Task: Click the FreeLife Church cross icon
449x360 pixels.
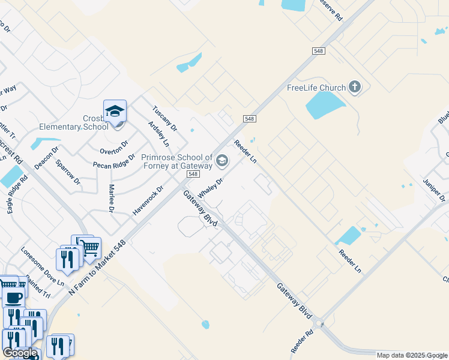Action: [x=354, y=88]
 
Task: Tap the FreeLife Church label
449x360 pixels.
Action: [x=316, y=88]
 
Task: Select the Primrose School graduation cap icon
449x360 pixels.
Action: [x=222, y=160]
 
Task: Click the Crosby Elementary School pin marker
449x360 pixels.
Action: [x=115, y=112]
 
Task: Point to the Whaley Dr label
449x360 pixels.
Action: [x=211, y=186]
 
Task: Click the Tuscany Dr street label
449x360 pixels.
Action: [x=164, y=119]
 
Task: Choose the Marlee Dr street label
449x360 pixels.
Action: [x=112, y=199]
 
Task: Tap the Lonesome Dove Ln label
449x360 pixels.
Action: [x=41, y=266]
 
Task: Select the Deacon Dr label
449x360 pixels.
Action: [x=46, y=158]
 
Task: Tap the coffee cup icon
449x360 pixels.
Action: [x=13, y=296]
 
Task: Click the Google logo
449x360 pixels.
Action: [x=20, y=353]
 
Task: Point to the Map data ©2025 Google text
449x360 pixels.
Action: [x=412, y=355]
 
